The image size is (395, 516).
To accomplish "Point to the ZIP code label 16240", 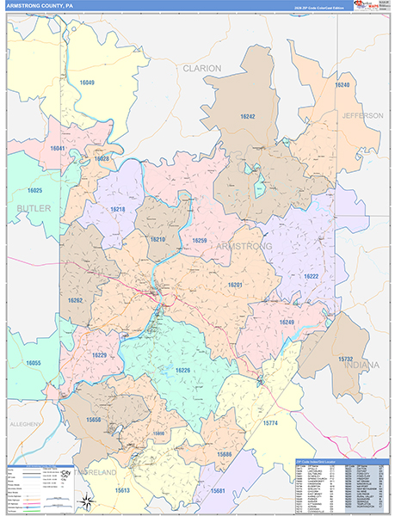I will (x=342, y=86).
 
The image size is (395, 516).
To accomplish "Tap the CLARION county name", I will (x=201, y=67).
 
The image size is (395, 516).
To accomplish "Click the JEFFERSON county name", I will (x=362, y=115).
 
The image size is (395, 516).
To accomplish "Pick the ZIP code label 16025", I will (x=34, y=190).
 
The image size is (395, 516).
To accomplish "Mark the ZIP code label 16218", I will (x=117, y=209).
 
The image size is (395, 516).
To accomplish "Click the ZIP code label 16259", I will (x=200, y=240).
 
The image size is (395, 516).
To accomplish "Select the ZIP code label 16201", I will (x=235, y=285).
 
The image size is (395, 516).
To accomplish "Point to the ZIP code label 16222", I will (x=311, y=276).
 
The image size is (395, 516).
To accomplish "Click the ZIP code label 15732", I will (x=345, y=359).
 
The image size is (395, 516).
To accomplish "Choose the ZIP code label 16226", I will (x=182, y=370).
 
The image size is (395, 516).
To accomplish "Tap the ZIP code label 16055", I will (x=33, y=364).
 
